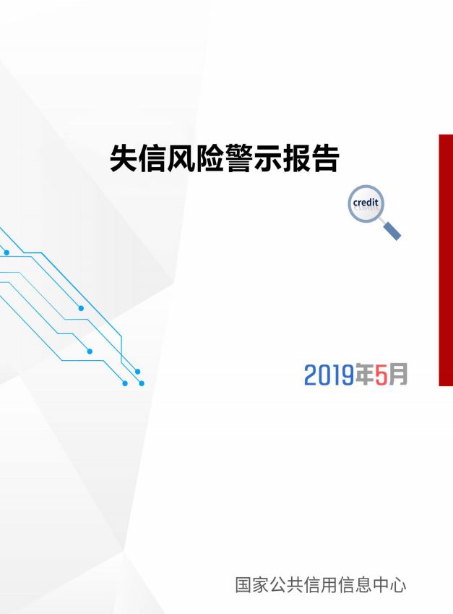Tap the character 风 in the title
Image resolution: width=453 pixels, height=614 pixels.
coord(181,158)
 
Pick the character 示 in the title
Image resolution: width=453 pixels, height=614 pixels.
coord(267,158)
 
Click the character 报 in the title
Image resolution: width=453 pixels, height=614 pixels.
coord(296,158)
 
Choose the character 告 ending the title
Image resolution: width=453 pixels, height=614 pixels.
coord(324,158)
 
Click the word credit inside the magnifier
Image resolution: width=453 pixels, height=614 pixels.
coord(366,202)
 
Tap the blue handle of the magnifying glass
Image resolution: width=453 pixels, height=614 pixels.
coord(392,231)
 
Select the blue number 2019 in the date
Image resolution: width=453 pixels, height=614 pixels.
coord(329,375)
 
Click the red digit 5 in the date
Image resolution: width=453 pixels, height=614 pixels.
coord(381,375)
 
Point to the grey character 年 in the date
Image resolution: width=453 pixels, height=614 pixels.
coord(364,375)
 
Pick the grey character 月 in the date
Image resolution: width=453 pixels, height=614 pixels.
coord(398,375)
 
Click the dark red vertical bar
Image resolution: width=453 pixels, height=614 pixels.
coord(446,260)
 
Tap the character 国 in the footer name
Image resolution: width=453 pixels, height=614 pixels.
coord(243,585)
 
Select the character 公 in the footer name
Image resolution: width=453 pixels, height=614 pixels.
coord(277,585)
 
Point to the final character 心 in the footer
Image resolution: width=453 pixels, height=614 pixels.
coord(398,585)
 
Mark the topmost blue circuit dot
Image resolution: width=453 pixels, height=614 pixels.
coord(7,252)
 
